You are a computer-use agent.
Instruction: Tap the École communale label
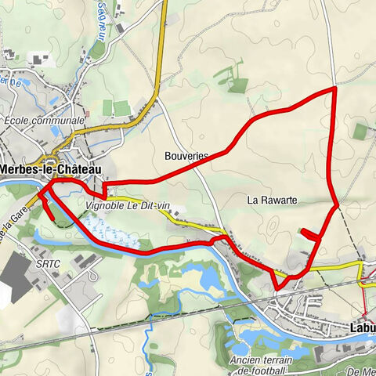(44, 121)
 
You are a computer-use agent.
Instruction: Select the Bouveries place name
(186, 156)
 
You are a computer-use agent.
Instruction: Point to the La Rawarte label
(272, 200)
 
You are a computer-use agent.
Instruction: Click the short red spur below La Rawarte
(310, 233)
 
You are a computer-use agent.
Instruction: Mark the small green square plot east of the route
(360, 132)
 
